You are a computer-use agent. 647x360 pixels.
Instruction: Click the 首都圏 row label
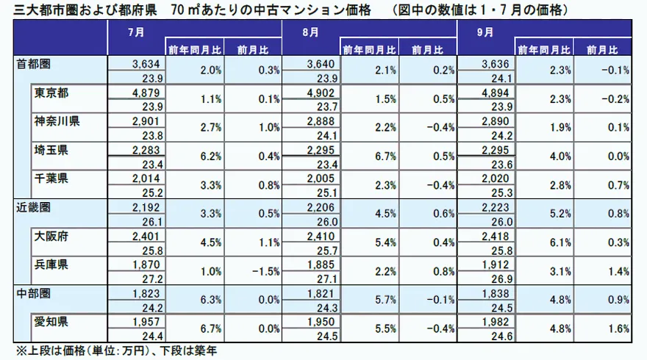(x=33, y=65)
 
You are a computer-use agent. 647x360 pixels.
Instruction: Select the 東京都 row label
(x=51, y=93)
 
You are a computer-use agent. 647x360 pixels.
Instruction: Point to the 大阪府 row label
(x=51, y=237)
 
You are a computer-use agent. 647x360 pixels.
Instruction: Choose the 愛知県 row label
(x=51, y=323)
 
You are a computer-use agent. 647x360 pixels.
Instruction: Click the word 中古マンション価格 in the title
(x=310, y=10)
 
